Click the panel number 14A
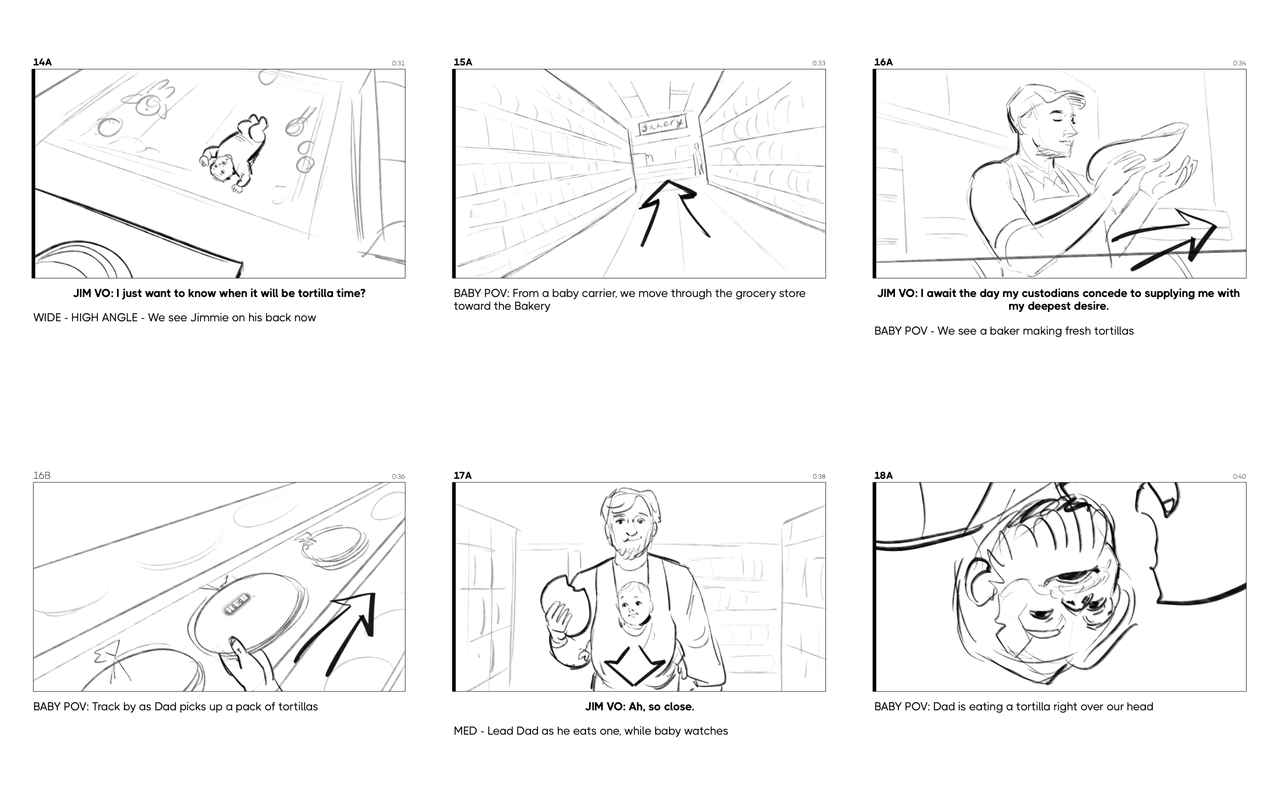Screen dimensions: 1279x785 tap(42, 62)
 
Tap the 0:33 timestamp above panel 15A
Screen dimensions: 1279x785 tap(818, 63)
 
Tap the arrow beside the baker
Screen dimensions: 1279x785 tap(1164, 240)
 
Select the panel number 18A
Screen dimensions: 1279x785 tap(883, 475)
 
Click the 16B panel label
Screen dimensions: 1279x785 tap(42, 475)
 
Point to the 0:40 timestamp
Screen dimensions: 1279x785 tap(1239, 476)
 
